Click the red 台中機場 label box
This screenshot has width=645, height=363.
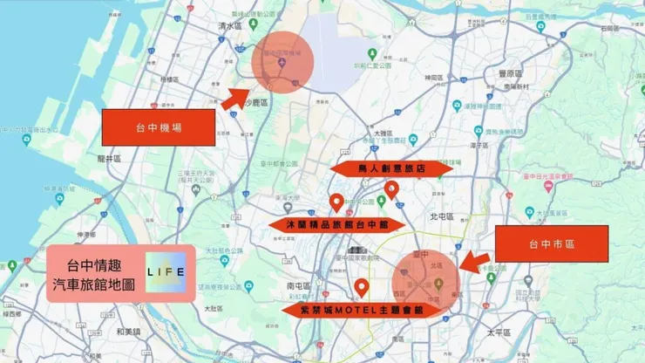[x=158, y=127]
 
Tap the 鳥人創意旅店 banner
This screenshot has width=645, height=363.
[x=391, y=167]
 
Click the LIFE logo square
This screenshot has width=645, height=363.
[x=166, y=271]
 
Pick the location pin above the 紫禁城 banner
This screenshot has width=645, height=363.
[x=361, y=287]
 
